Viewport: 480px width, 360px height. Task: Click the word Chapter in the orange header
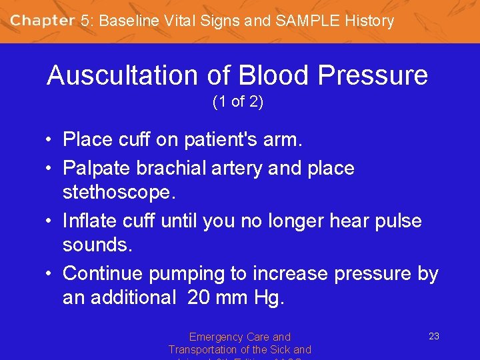(x=42, y=21)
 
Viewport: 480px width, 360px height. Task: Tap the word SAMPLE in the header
(x=303, y=21)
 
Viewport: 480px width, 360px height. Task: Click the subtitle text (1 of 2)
(x=238, y=103)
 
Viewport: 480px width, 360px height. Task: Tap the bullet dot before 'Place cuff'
(x=50, y=140)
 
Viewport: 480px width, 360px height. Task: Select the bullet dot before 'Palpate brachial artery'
(x=50, y=169)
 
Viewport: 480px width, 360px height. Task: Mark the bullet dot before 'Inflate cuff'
(x=50, y=221)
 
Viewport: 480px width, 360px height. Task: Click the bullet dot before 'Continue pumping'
(x=50, y=274)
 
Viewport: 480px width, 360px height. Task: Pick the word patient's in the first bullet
(x=209, y=139)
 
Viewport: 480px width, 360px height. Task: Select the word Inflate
(x=90, y=221)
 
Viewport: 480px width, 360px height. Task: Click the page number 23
(x=433, y=336)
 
